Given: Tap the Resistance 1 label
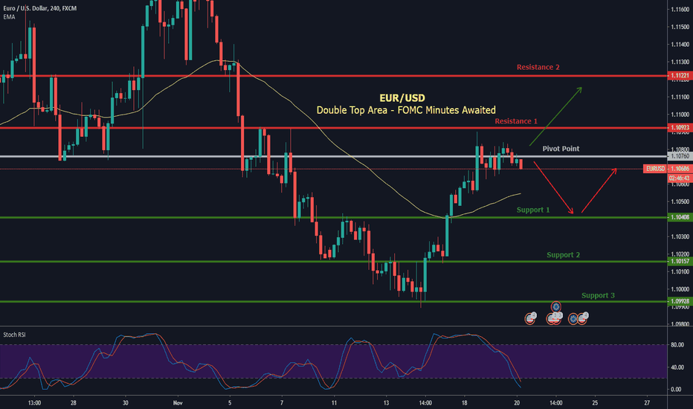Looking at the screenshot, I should [515, 120].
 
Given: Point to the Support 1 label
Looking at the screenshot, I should [533, 210].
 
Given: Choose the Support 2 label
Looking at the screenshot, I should [563, 255].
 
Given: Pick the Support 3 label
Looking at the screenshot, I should [598, 295].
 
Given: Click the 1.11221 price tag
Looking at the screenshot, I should [677, 76].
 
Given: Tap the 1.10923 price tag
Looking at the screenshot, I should [677, 128].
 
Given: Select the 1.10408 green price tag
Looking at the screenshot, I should [677, 217].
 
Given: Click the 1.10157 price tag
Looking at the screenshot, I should [677, 261].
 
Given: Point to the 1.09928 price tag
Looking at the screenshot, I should [677, 301].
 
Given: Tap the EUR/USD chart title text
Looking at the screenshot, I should [405, 97].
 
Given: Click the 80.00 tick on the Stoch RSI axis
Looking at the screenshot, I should [677, 345].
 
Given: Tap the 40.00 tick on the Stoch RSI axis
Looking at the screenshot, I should [677, 367].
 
